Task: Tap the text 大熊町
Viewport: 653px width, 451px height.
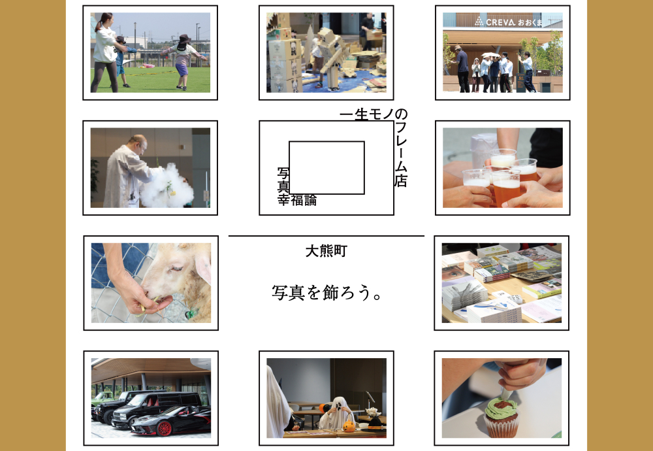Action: point(326,252)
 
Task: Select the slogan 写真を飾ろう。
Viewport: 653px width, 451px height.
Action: point(326,293)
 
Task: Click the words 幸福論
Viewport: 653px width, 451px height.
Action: point(297,200)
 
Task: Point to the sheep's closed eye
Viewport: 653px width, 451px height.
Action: point(176,268)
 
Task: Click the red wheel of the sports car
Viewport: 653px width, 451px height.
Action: point(164,428)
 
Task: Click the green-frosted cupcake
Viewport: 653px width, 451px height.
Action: point(501,416)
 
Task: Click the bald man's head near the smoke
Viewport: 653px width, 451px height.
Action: point(138,144)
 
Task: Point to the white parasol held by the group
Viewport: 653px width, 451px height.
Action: point(490,55)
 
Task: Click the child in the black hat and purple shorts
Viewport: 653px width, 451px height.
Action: point(183,61)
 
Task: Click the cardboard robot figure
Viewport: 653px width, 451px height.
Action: point(330,58)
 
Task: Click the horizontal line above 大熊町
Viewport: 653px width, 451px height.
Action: point(326,236)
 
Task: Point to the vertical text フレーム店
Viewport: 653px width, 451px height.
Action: point(401,154)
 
